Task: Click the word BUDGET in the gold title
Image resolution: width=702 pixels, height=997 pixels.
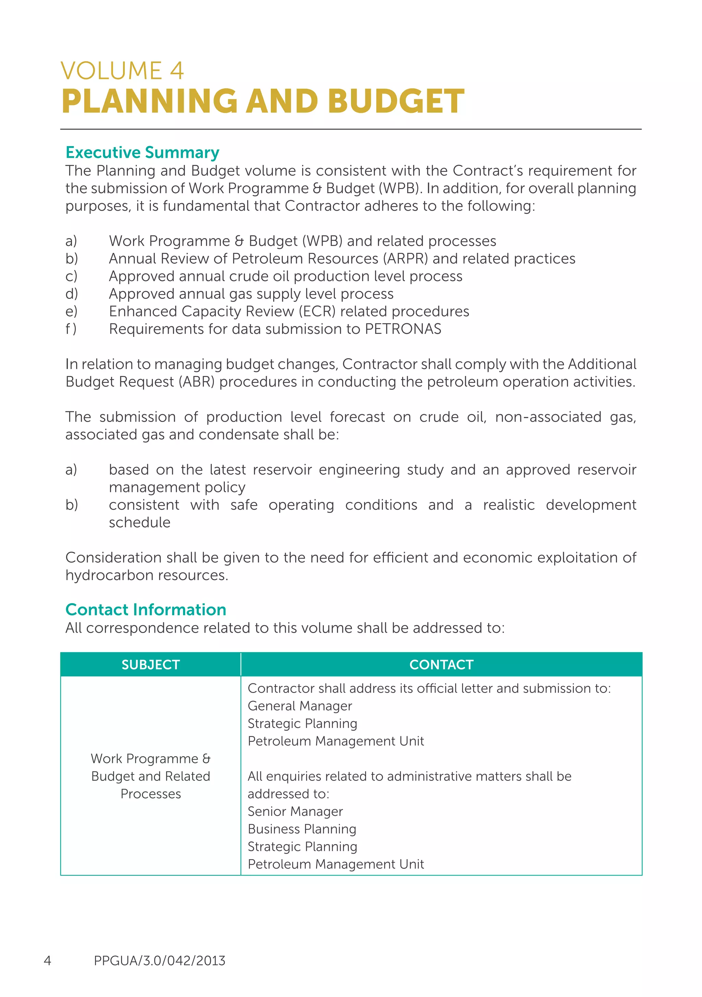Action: tap(396, 101)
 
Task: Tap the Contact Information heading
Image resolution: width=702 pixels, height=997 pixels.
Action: tap(146, 610)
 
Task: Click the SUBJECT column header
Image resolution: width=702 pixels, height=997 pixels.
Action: tap(150, 665)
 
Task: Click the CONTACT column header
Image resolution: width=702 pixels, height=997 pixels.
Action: tap(441, 665)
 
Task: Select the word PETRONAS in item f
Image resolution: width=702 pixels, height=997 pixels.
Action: tap(403, 329)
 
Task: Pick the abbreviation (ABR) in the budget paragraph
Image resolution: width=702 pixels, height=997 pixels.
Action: tap(196, 382)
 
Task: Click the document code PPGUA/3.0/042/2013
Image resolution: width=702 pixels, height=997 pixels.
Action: tap(160, 961)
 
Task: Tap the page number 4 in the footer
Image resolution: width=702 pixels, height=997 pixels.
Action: tap(47, 961)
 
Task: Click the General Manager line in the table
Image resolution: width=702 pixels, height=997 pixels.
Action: tap(300, 706)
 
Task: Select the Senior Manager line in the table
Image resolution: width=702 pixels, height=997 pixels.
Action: tap(295, 812)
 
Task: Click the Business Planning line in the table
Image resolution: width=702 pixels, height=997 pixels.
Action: tap(302, 829)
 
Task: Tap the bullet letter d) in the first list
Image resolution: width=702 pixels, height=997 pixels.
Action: tap(72, 294)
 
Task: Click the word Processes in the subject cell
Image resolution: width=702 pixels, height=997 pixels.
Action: tap(150, 794)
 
